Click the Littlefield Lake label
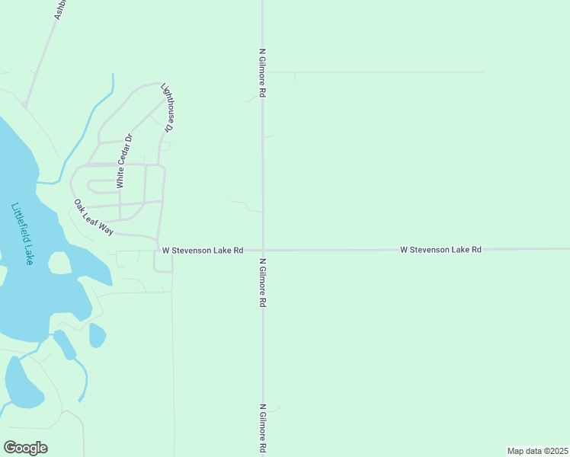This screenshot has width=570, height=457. point(24,233)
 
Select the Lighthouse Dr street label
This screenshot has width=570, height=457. point(168,107)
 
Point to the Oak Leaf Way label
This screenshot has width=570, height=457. point(94,217)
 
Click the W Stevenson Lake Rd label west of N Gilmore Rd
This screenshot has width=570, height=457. point(202,250)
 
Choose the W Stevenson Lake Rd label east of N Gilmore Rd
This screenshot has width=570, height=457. point(441,249)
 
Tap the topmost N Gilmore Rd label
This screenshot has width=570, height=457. point(262,73)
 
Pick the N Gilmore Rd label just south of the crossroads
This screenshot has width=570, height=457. point(262,282)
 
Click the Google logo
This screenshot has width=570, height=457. point(25,448)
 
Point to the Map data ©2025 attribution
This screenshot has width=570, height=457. point(537,450)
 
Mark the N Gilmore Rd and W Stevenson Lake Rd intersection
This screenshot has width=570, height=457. point(263,250)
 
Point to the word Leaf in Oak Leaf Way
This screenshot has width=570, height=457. point(94,217)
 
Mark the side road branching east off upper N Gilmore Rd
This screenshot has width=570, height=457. point(373,72)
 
